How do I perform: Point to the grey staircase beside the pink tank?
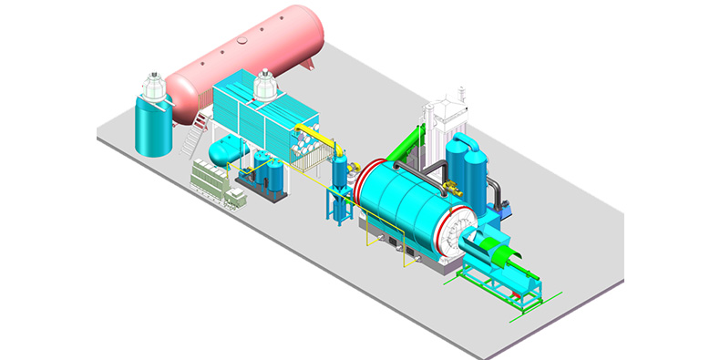pyautogui.click(x=194, y=138)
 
